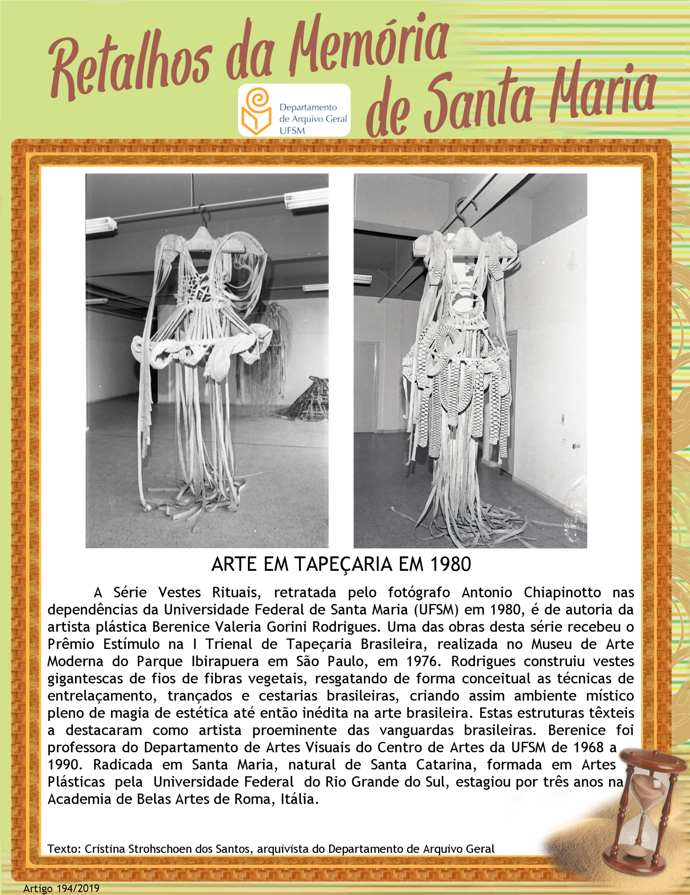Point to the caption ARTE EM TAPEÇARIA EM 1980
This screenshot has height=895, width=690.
click(x=341, y=565)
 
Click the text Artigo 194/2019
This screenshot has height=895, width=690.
click(x=61, y=888)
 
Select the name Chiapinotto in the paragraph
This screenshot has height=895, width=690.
click(x=562, y=592)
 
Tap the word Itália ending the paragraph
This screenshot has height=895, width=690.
click(x=299, y=799)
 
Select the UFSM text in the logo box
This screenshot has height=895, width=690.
click(x=292, y=131)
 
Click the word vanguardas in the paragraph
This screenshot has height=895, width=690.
click(x=416, y=730)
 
